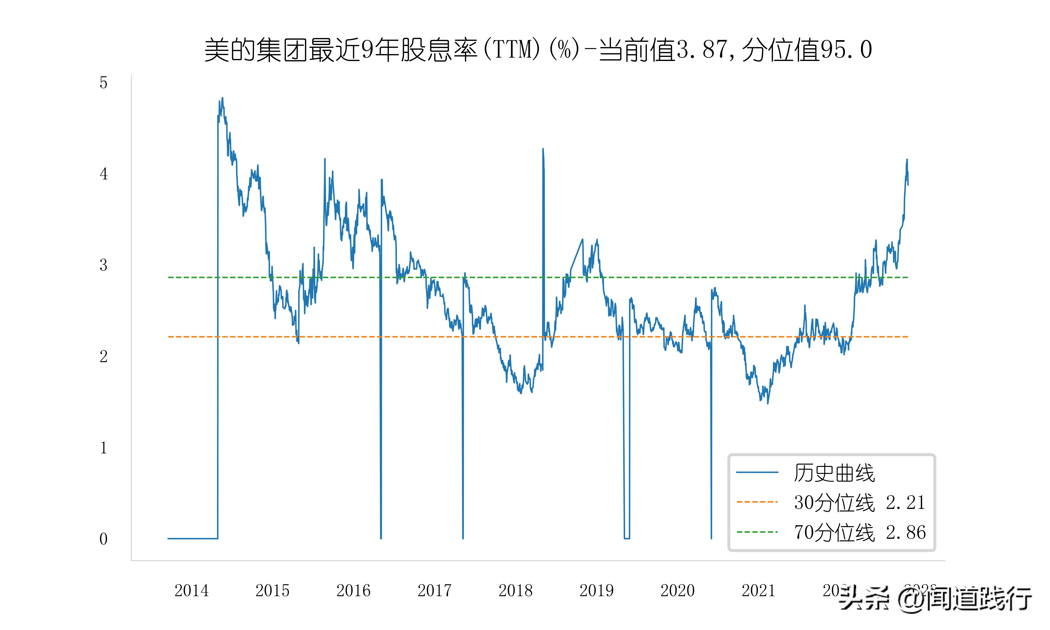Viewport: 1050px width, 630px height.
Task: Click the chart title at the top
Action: tap(538, 50)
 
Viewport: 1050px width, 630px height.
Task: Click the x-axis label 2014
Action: tap(191, 591)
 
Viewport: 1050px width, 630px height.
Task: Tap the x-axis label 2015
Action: tap(273, 591)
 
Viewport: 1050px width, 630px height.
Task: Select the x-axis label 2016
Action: tap(353, 591)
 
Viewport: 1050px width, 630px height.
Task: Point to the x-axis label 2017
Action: tap(435, 591)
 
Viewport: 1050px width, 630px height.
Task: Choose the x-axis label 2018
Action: tap(516, 591)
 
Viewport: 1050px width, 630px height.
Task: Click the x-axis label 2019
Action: tap(597, 591)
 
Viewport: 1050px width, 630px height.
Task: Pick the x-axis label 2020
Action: tap(678, 591)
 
